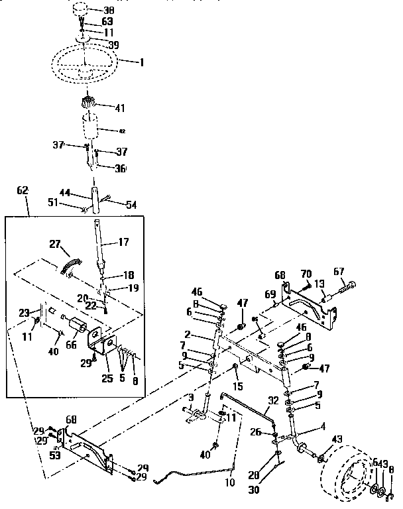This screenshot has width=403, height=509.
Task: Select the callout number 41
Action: tap(119, 107)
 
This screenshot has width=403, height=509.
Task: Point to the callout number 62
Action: tap(22, 190)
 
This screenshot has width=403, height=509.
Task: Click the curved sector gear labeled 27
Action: tap(68, 262)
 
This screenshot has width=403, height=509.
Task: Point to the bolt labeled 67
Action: tap(348, 286)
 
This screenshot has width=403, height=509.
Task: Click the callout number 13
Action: tap(319, 284)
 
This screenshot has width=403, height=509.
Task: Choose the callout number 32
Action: tap(274, 400)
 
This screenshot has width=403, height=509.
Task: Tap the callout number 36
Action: tap(120, 168)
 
